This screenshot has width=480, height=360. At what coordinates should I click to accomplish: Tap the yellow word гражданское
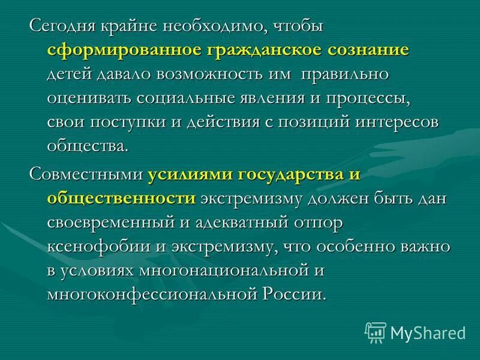tap(262, 50)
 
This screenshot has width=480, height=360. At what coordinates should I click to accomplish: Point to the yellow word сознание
tap(369, 50)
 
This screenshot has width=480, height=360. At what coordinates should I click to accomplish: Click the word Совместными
tap(87, 175)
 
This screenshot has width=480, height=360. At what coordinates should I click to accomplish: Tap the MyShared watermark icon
tap(376, 332)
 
